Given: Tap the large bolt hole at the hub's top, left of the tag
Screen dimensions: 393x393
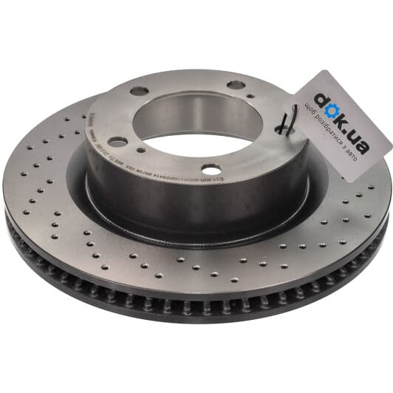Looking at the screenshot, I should [236, 85].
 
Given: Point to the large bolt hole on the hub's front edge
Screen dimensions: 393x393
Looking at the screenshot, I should [211, 169].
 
